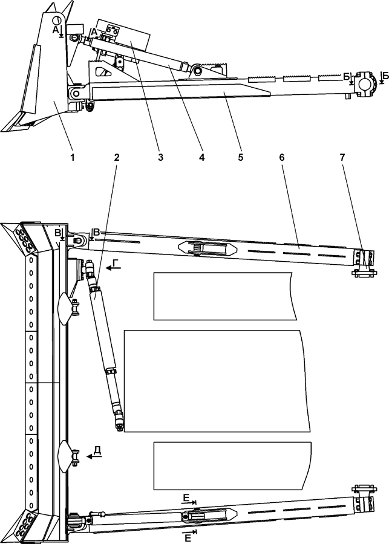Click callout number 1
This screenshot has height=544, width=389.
tap(73, 157)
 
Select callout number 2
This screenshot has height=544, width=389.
tap(117, 157)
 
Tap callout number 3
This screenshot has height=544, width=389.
tap(160, 157)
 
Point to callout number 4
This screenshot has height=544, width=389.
tap(201, 157)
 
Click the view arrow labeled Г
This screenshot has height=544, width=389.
tap(116, 265)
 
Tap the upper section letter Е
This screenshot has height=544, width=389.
tap(188, 497)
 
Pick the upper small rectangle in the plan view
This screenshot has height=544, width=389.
tap(225, 296)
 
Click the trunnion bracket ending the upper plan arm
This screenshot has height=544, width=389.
tap(363, 262)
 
